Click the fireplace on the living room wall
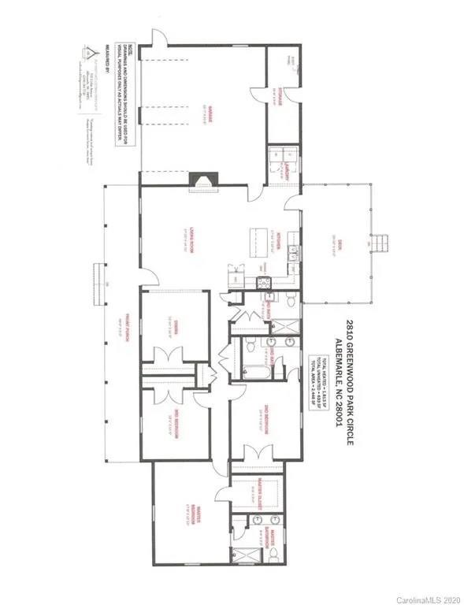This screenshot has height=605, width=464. (202, 180)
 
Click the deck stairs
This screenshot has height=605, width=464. (380, 243)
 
